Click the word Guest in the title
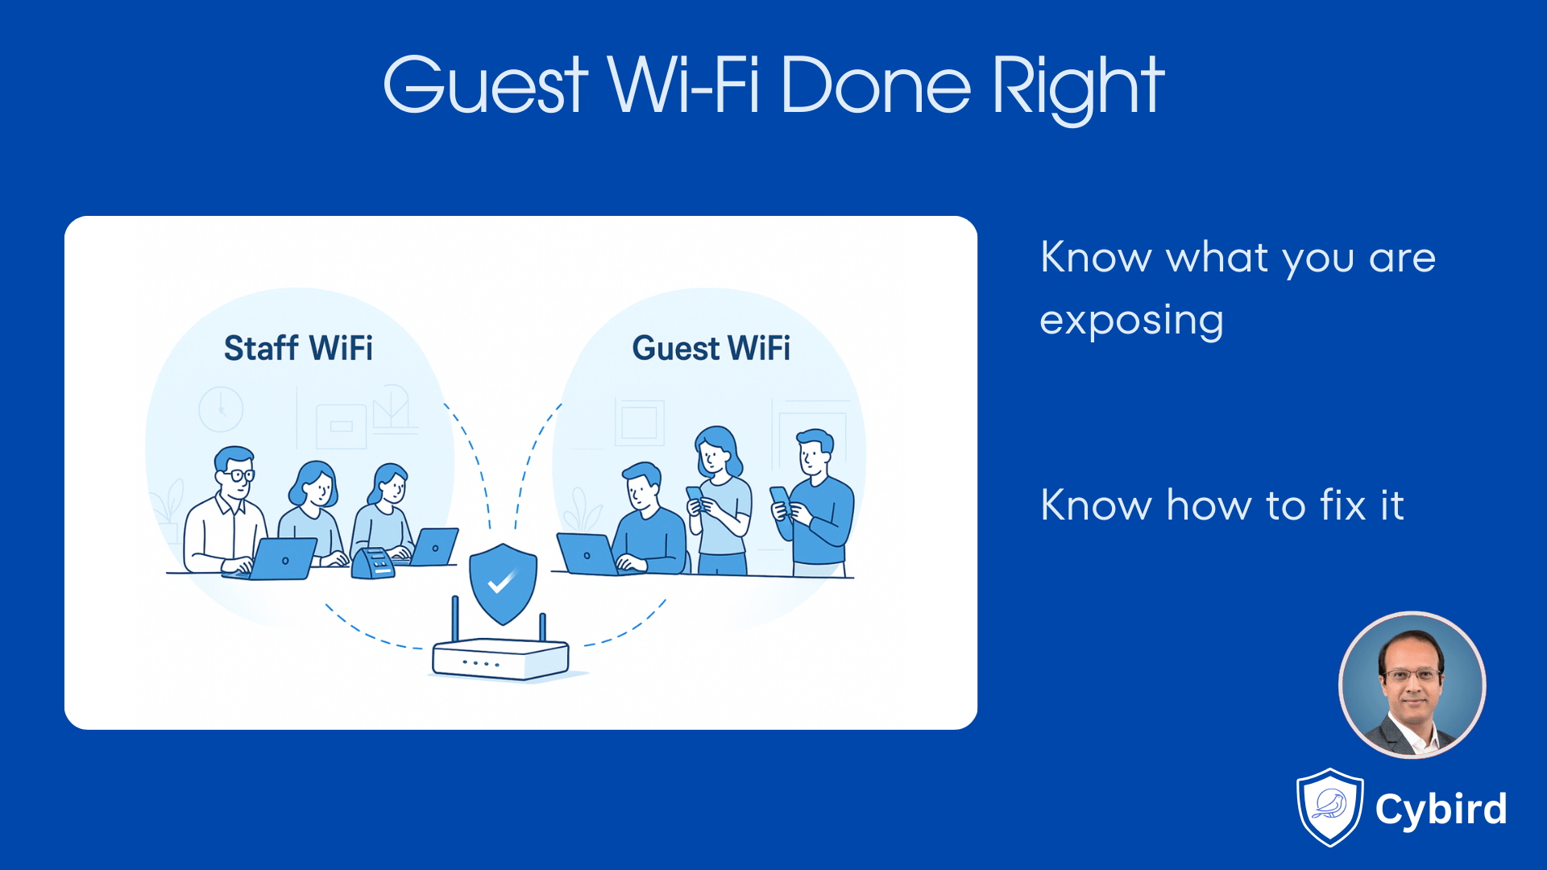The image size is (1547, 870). click(x=486, y=85)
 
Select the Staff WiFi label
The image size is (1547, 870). click(x=298, y=349)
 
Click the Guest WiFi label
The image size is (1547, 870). click(x=711, y=349)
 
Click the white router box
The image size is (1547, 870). click(x=500, y=659)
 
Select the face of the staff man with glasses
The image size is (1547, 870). click(x=235, y=474)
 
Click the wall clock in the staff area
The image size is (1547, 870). click(x=221, y=409)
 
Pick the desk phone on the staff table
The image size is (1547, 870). click(x=373, y=563)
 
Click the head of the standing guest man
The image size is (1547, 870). click(x=814, y=453)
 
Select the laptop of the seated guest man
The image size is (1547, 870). click(x=587, y=554)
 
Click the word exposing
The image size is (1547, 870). click(x=1131, y=321)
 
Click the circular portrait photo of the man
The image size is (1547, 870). click(x=1412, y=686)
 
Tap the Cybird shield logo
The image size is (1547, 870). click(x=1329, y=807)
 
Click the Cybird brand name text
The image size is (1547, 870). click(x=1441, y=809)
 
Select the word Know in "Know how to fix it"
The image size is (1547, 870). click(x=1096, y=506)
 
